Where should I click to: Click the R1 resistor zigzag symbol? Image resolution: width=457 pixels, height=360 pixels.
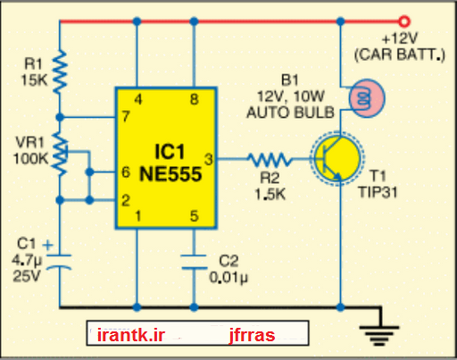[60, 71]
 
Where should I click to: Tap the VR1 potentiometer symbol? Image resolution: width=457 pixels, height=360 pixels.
[61, 154]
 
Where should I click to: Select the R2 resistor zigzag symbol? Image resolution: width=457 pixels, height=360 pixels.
[270, 159]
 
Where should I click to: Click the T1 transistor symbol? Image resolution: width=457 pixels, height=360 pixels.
[337, 159]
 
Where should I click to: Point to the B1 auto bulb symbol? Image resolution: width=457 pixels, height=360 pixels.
[366, 98]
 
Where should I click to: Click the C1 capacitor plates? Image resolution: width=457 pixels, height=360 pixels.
[60, 262]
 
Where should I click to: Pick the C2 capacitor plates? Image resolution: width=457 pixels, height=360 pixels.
[194, 262]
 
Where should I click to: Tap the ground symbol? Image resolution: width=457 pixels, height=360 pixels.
[379, 336]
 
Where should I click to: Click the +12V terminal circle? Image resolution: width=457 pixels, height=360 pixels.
[404, 21]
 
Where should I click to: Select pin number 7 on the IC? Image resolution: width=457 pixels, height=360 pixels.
[126, 116]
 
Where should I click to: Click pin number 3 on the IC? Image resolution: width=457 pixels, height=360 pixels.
[209, 159]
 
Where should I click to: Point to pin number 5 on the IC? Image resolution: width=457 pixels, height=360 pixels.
[195, 216]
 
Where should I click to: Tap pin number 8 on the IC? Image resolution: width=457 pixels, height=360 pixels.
[195, 99]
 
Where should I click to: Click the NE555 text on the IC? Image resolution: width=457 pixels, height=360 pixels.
[170, 174]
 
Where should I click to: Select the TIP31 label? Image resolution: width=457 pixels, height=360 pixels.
[378, 192]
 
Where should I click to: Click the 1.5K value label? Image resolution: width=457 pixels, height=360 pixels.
[270, 195]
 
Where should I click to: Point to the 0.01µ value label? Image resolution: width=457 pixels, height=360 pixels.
[228, 278]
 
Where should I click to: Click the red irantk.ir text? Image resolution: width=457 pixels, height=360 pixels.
[131, 335]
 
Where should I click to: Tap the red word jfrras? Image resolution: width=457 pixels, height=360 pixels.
[252, 336]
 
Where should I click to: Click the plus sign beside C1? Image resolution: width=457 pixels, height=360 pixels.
[47, 246]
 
